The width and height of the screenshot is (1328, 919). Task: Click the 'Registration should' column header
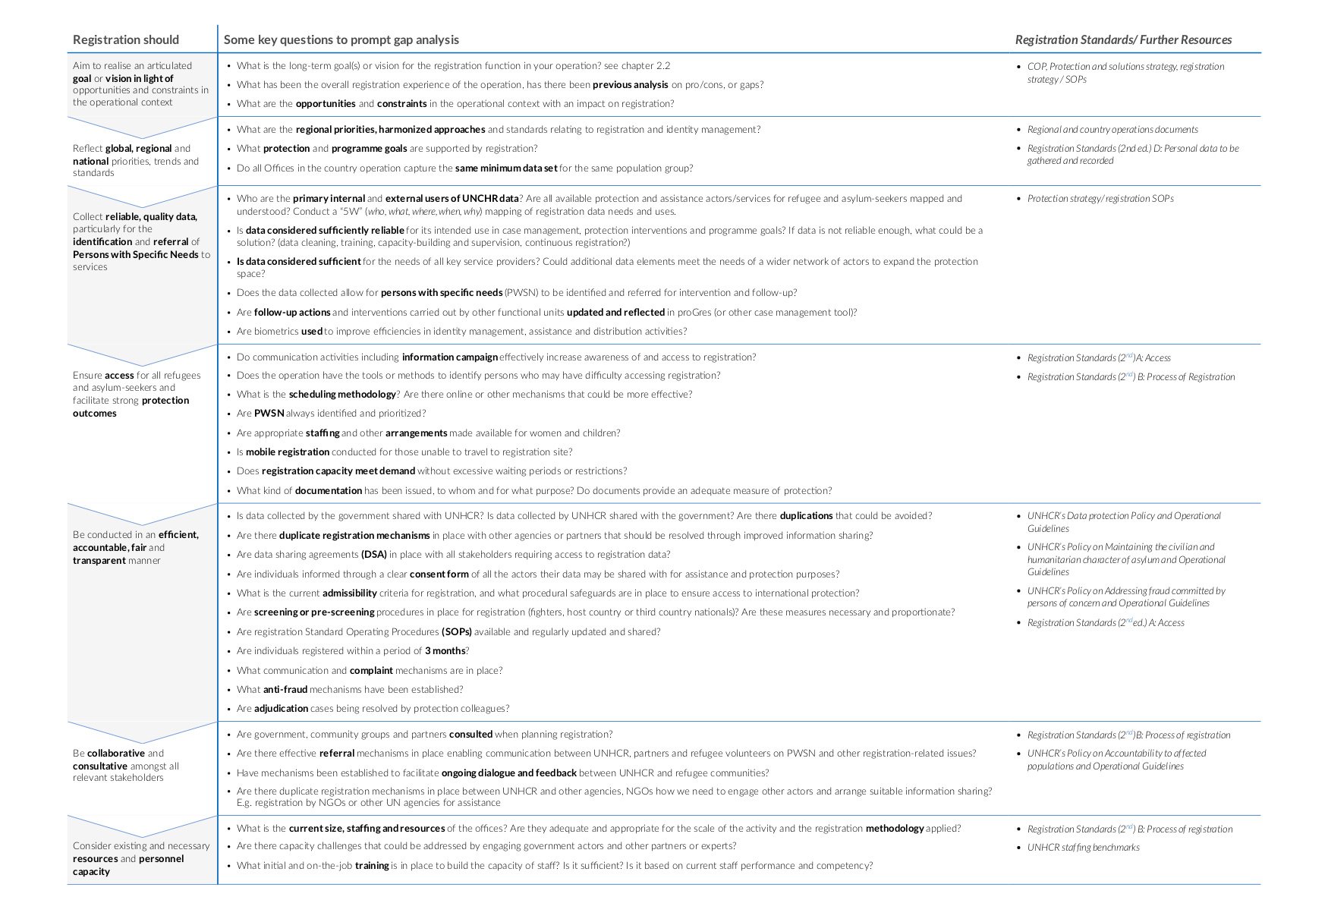click(126, 39)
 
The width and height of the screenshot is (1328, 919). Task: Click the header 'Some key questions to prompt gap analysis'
click(341, 39)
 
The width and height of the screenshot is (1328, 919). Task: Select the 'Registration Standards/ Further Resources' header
click(1123, 39)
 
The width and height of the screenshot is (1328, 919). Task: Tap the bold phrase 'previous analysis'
click(630, 85)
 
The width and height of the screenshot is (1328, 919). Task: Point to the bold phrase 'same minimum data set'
click(506, 168)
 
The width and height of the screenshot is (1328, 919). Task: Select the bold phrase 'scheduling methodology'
click(342, 395)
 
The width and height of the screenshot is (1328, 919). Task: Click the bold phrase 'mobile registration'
click(288, 452)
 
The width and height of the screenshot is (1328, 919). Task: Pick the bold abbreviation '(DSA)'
click(374, 555)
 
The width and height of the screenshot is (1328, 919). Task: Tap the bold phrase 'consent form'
click(439, 574)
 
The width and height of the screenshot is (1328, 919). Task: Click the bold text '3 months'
click(445, 651)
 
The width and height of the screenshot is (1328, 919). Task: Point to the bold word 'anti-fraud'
click(285, 690)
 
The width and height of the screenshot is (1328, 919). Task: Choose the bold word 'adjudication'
click(282, 709)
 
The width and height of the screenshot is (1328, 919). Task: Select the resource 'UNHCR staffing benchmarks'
click(1083, 848)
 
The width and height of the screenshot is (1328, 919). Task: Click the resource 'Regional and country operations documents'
click(1112, 130)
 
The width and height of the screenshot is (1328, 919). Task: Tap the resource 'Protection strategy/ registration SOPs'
click(1100, 199)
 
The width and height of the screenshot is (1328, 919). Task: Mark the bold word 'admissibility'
click(350, 593)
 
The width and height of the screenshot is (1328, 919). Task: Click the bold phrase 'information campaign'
click(450, 357)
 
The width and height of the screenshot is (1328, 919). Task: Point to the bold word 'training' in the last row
click(372, 866)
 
